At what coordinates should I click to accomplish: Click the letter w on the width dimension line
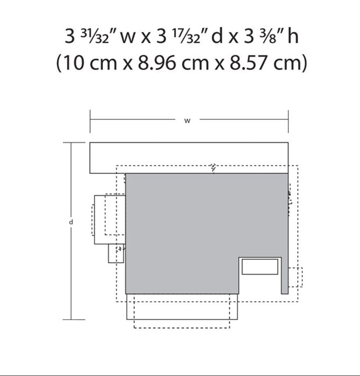(x=187, y=121)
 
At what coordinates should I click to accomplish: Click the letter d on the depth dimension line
(x=71, y=222)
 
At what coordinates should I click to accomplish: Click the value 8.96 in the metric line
(x=156, y=63)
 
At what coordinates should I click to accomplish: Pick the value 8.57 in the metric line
(x=249, y=63)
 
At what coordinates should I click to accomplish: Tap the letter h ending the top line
(x=293, y=36)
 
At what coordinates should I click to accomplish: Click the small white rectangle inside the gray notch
(x=260, y=267)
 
